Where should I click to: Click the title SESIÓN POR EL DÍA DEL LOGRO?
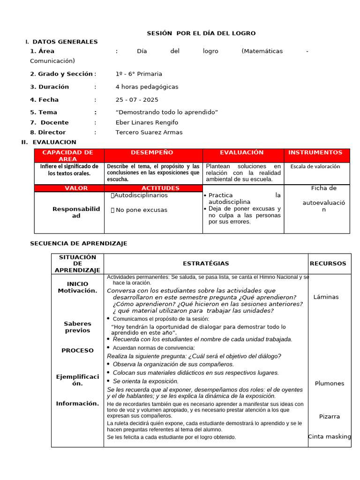point(201,33)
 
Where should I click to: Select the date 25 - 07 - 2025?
point(137,100)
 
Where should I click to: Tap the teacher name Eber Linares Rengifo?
point(147,122)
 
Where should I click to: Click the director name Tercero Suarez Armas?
point(149,132)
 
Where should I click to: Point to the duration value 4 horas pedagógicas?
point(147,87)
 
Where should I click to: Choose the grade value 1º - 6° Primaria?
point(139,74)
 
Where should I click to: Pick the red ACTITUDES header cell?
point(154,188)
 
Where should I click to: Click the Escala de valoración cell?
point(315,166)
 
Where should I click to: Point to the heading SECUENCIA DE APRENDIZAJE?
point(78,243)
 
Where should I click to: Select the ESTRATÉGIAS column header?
point(206,264)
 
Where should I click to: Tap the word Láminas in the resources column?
point(326,297)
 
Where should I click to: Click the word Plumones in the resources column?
point(330,383)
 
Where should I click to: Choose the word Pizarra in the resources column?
point(330,416)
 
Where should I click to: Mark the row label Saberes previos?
point(77,327)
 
